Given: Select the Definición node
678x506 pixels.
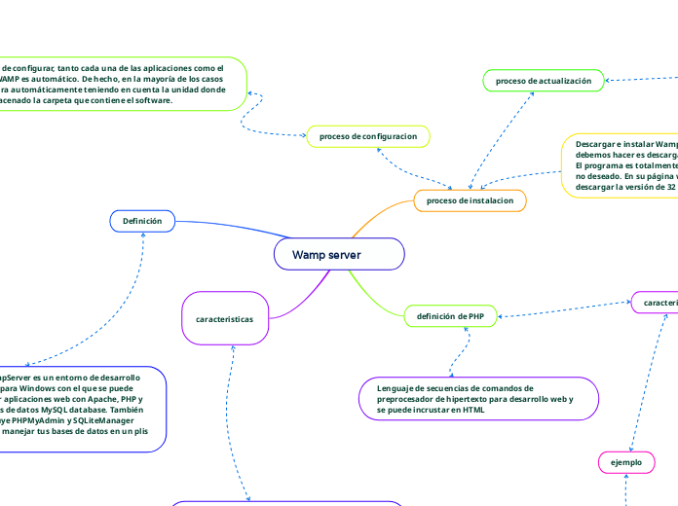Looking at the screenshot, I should [x=142, y=222].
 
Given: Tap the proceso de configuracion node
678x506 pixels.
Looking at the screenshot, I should [x=367, y=136].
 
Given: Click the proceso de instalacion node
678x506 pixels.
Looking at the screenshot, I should [x=471, y=200].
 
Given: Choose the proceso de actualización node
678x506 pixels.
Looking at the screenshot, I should [x=544, y=82].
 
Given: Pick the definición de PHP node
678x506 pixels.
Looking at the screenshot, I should [x=450, y=316].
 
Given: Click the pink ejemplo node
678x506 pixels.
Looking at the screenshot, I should [x=625, y=462].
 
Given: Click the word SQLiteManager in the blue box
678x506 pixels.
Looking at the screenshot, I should [x=109, y=420].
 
